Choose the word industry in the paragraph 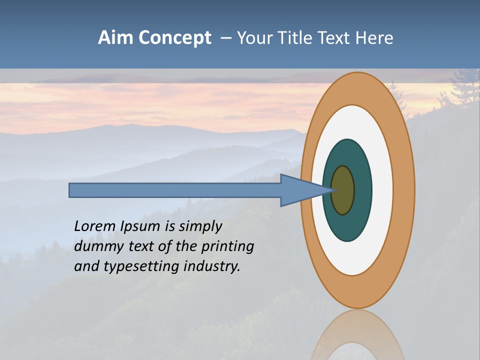(x=212, y=266)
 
